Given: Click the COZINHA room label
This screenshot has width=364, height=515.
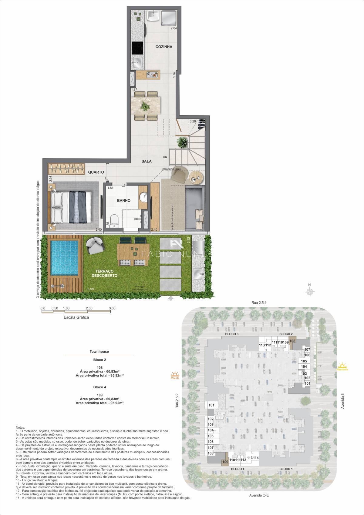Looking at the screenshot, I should click(164, 47).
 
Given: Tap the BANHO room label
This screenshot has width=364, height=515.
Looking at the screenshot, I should click(124, 200).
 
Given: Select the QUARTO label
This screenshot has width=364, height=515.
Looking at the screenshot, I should click(96, 172).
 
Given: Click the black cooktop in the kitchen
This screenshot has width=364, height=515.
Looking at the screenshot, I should click(137, 48).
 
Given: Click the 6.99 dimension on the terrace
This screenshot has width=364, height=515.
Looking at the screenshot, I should click(90, 289).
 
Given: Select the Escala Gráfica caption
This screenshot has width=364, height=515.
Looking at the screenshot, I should click(76, 317).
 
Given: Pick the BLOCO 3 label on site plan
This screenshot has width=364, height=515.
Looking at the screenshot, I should click(232, 334).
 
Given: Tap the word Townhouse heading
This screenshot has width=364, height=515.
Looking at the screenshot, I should click(99, 352).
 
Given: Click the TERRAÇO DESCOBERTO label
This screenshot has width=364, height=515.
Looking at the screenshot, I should click(104, 273).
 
